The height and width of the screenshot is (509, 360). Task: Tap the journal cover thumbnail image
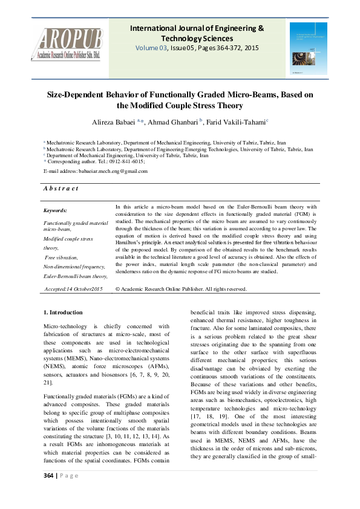coord(309,48)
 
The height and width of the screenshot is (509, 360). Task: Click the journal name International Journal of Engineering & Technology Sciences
coord(197,33)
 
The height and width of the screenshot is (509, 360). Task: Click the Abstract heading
coord(61,189)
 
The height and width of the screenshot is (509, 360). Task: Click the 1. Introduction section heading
coord(64,312)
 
